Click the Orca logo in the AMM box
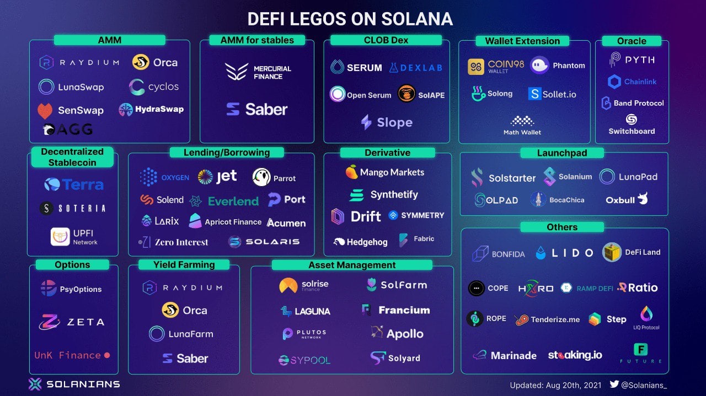pyautogui.click(x=141, y=62)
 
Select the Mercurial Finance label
pyautogui.click(x=272, y=72)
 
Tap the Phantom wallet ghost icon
pyautogui.click(x=539, y=66)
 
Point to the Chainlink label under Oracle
pyautogui.click(x=640, y=82)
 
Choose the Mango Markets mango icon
pyautogui.click(x=351, y=172)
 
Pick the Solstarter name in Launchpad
pyautogui.click(x=512, y=178)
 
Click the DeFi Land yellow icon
pyautogui.click(x=612, y=252)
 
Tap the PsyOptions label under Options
pyautogui.click(x=81, y=289)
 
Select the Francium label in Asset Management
pyautogui.click(x=404, y=310)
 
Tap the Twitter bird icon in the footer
pyautogui.click(x=614, y=384)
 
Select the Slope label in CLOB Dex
pyautogui.click(x=394, y=122)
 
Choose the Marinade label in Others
pyautogui.click(x=514, y=355)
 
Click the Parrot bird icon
pyautogui.click(x=261, y=177)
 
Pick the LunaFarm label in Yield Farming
pyautogui.click(x=190, y=334)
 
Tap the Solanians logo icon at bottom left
pyautogui.click(x=35, y=384)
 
